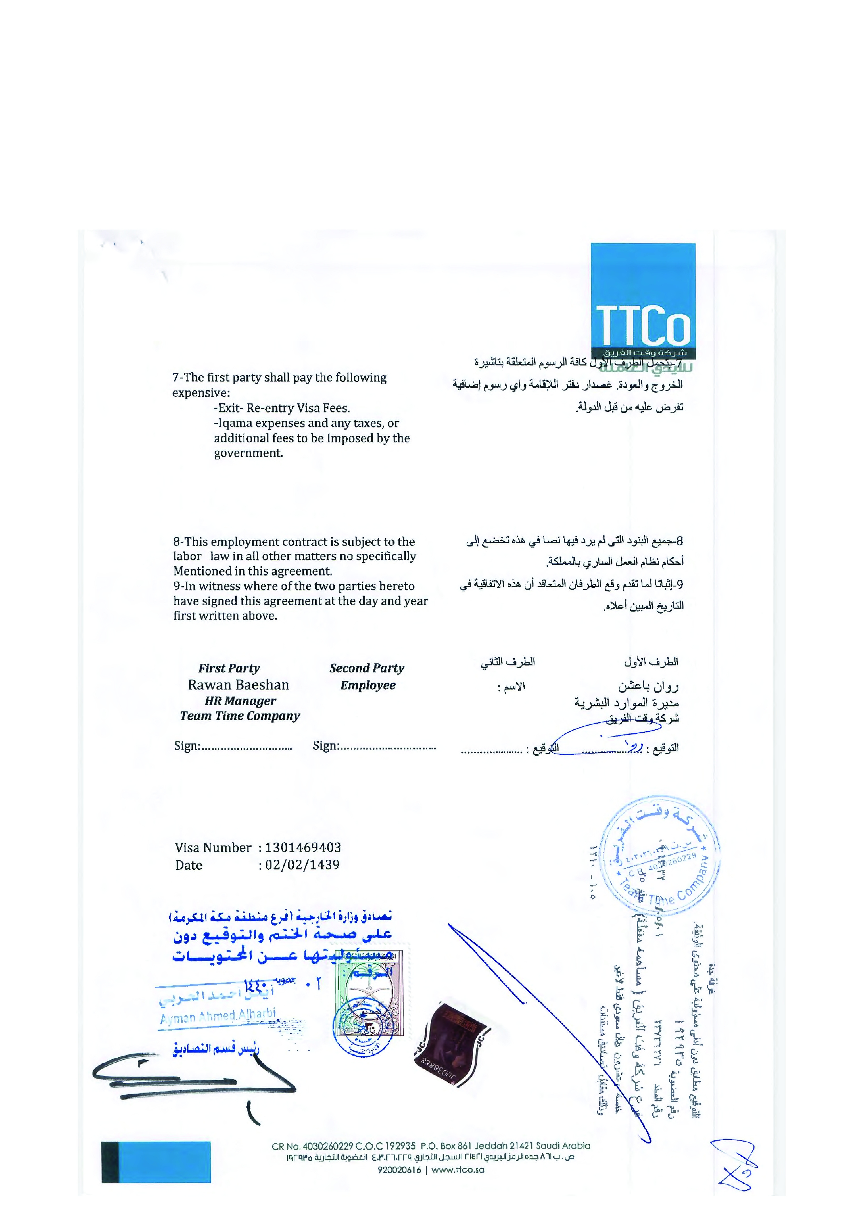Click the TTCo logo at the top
point(643,301)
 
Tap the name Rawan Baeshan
point(238,685)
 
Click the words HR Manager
point(240,701)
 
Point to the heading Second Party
point(366,669)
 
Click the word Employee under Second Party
point(368,685)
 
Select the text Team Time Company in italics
point(240,716)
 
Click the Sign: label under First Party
point(187,746)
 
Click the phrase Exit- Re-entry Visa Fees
point(282,408)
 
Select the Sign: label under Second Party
point(325,746)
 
